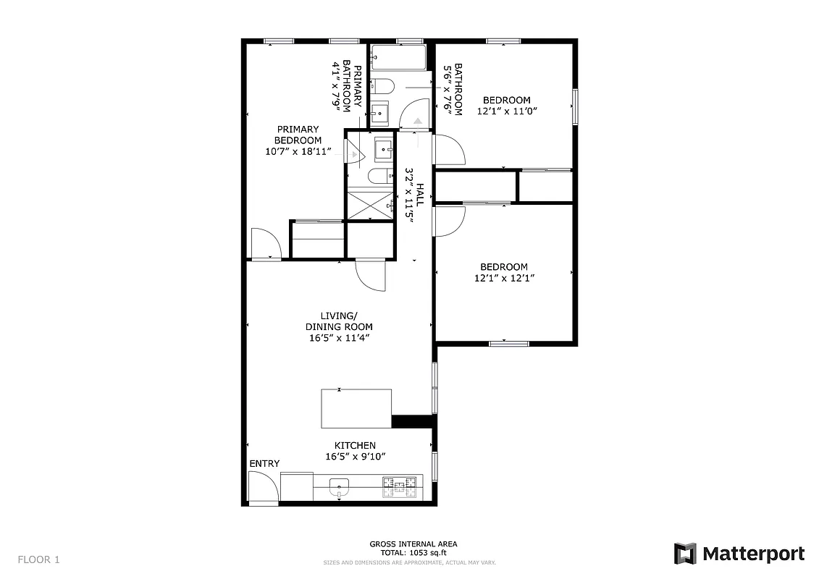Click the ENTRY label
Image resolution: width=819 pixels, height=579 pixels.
coord(264,463)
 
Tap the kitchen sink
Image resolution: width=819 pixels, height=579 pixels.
coord(339,486)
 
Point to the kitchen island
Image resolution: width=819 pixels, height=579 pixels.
coord(356,409)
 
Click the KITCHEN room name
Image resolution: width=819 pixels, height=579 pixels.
coord(355,445)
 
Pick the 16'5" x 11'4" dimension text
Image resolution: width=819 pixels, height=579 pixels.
coord(338,338)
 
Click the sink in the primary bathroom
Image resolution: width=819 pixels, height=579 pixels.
coord(383,148)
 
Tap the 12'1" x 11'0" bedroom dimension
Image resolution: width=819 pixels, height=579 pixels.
coord(507,111)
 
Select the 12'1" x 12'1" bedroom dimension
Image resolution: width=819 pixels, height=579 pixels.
coord(505,278)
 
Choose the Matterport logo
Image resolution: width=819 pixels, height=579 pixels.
coord(739,554)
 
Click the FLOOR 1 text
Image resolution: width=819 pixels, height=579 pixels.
coord(38,559)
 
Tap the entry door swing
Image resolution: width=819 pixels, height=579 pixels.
coord(262,486)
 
